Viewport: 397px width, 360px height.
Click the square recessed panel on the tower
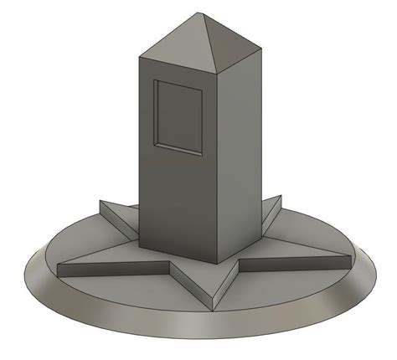click(178, 117)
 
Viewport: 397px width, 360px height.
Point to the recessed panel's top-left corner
click(156, 81)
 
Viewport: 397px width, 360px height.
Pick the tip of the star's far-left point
click(59, 267)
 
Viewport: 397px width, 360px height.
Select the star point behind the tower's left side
click(101, 202)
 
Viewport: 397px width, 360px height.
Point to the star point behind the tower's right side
click(280, 198)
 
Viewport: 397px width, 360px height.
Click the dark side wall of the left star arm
click(113, 271)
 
